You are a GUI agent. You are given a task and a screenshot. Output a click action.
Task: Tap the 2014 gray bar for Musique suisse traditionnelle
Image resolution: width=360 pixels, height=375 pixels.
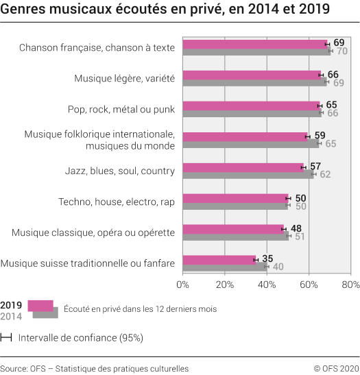coord(225,267)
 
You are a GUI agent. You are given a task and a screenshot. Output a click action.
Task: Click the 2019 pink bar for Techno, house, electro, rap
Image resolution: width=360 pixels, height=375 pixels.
coord(235,198)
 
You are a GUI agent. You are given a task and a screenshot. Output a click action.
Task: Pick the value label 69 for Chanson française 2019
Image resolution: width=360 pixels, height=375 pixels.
coord(339,43)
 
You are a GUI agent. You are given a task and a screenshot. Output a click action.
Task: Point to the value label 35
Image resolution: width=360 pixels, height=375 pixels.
coord(267,258)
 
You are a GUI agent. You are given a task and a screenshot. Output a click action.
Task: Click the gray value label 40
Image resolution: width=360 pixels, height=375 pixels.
coord(278,267)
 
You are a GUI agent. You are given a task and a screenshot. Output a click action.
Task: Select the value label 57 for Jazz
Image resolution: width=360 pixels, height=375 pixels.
coord(315,166)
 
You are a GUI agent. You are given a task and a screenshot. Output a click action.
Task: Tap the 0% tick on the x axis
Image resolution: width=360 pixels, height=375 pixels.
coord(183,283)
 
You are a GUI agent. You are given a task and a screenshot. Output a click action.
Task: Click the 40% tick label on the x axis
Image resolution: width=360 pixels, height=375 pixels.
coord(267,283)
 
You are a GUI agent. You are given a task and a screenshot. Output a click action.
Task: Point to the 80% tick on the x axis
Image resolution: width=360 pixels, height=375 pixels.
coord(350,283)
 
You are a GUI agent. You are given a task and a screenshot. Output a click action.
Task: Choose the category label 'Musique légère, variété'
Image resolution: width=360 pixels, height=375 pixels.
coord(125,79)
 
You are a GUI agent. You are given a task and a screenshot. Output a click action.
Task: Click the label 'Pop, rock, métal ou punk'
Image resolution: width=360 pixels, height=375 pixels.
coord(121,109)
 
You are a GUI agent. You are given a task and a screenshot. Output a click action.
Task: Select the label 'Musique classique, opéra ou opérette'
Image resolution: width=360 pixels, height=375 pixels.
coord(93,233)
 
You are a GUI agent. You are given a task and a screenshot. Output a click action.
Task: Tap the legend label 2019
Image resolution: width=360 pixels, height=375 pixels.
coord(12,305)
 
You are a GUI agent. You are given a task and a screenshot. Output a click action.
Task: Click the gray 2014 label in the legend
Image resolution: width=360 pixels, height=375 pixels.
coord(12,316)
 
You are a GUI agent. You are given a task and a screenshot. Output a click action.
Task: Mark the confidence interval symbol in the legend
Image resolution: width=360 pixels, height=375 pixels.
coord(7,337)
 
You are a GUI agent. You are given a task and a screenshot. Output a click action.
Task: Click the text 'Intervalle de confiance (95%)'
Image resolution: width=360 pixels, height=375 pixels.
coord(81,337)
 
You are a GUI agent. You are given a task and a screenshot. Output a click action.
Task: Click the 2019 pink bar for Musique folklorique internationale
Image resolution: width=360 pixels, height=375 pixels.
coord(246,136)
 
